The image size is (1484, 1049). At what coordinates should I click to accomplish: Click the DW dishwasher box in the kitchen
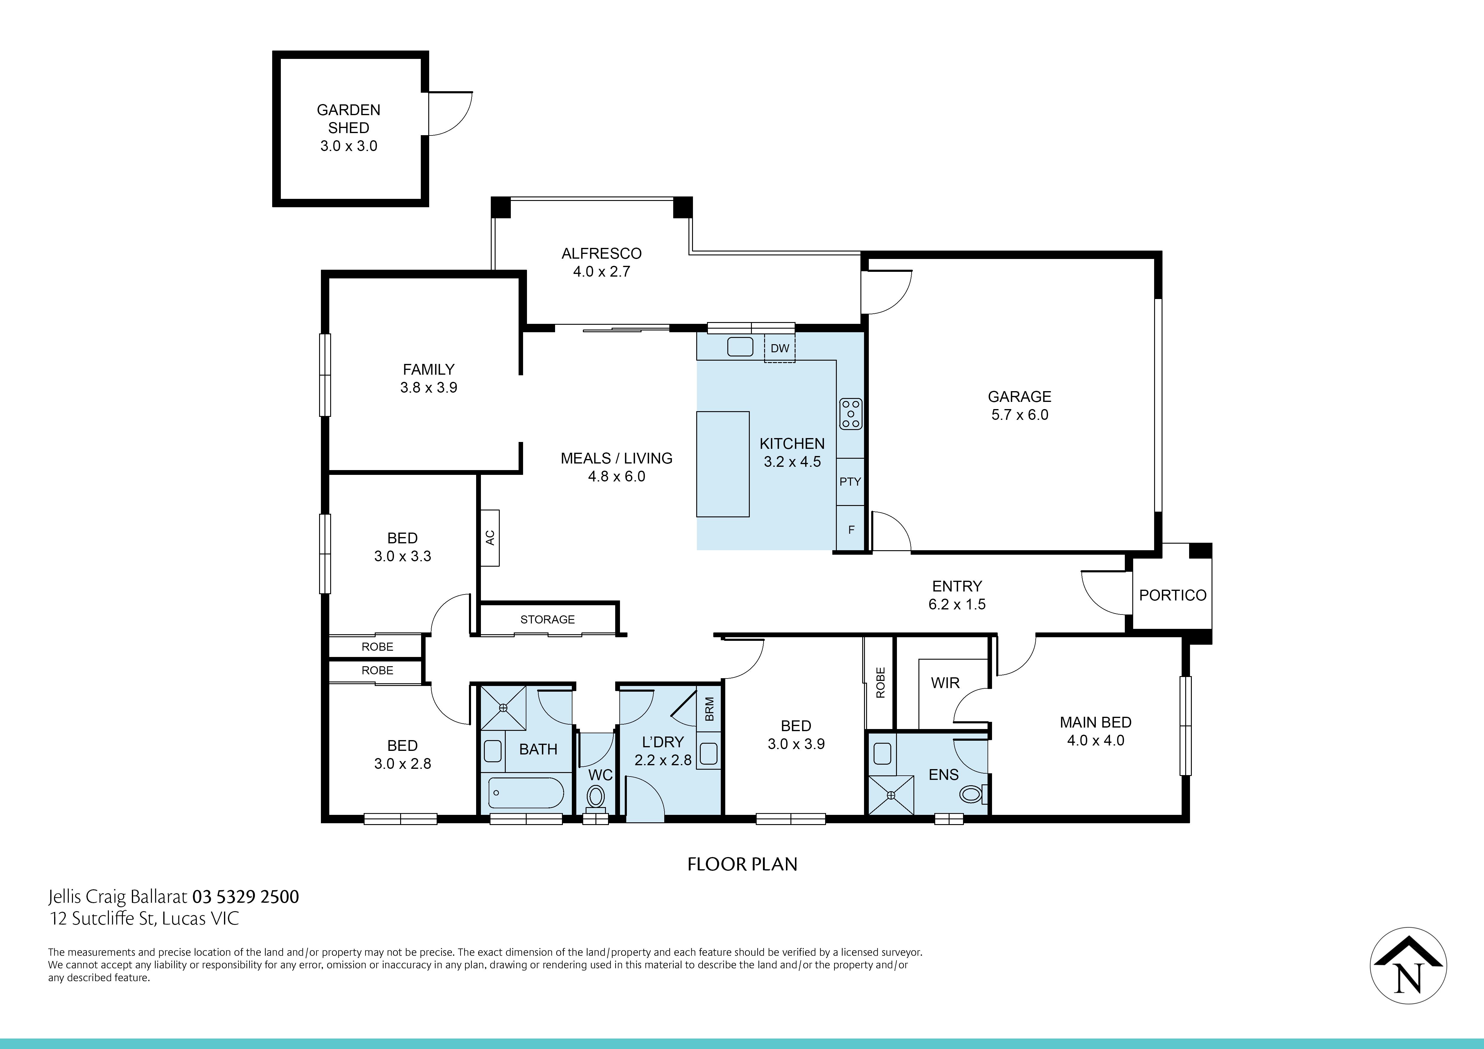pyautogui.click(x=779, y=348)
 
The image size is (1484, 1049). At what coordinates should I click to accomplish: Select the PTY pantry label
pyautogui.click(x=850, y=481)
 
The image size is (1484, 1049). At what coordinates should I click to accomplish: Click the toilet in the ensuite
pyautogui.click(x=971, y=794)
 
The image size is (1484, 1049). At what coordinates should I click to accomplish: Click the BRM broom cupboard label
pyautogui.click(x=709, y=709)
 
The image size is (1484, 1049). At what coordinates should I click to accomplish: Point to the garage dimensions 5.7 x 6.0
pyautogui.click(x=1019, y=415)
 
